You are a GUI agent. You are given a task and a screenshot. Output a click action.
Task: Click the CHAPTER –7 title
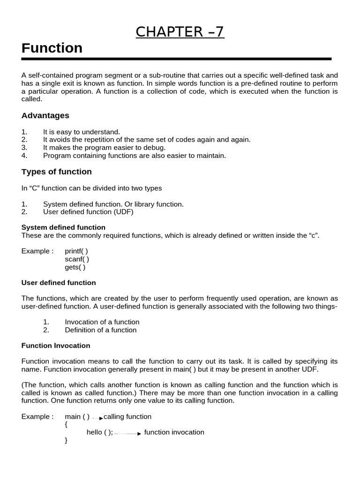pyautogui.click(x=180, y=32)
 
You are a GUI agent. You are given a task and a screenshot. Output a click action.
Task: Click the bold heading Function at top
pyautogui.click(x=52, y=48)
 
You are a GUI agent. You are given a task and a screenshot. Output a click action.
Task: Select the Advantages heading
pyautogui.click(x=45, y=115)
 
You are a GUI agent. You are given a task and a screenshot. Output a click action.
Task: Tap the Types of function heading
pyautogui.click(x=57, y=172)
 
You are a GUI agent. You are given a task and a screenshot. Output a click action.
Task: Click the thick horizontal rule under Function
pyautogui.click(x=176, y=59)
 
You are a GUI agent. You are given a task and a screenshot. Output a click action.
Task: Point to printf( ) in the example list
pyautogui.click(x=76, y=251)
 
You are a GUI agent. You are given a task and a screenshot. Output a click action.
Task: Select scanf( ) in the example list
pyautogui.click(x=77, y=259)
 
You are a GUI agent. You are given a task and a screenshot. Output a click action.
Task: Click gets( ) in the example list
pyautogui.click(x=75, y=267)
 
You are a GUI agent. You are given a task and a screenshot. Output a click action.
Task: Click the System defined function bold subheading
pyautogui.click(x=63, y=227)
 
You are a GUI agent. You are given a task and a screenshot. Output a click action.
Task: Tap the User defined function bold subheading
pyautogui.click(x=59, y=283)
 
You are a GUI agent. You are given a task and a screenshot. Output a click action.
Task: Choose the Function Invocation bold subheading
pyautogui.click(x=56, y=345)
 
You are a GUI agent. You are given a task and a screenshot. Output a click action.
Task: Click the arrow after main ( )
pyautogui.click(x=97, y=418)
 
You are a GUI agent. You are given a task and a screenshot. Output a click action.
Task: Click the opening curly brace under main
pyautogui.click(x=66, y=425)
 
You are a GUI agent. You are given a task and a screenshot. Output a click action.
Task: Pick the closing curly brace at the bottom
pyautogui.click(x=66, y=441)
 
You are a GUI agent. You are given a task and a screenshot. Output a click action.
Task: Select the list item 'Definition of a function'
pyautogui.click(x=100, y=330)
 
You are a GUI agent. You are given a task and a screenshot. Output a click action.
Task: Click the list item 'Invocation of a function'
pyautogui.click(x=102, y=322)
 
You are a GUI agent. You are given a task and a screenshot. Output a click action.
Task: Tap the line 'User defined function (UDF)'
pyautogui.click(x=88, y=212)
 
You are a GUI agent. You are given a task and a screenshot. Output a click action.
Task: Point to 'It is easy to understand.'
pyautogui.click(x=82, y=132)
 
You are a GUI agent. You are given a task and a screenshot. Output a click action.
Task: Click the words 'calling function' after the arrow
pyautogui.click(x=127, y=417)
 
